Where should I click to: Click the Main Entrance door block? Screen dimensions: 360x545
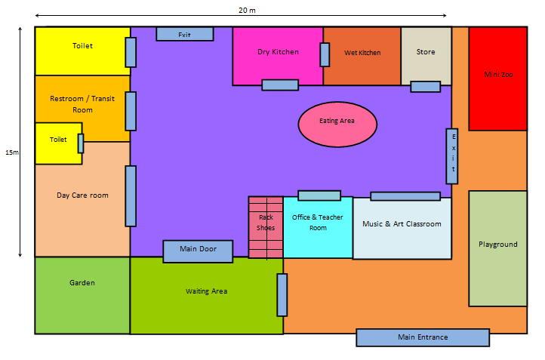(423, 337)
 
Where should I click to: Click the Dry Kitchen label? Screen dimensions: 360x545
(278, 52)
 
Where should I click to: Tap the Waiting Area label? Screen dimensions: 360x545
(206, 291)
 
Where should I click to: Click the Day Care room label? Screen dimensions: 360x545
(82, 195)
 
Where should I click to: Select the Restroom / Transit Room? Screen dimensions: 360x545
(82, 104)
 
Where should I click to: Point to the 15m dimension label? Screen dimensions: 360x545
(12, 152)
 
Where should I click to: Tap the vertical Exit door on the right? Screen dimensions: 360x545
(452, 156)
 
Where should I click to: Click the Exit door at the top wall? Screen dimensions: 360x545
(184, 34)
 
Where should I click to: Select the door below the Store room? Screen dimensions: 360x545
(425, 86)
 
